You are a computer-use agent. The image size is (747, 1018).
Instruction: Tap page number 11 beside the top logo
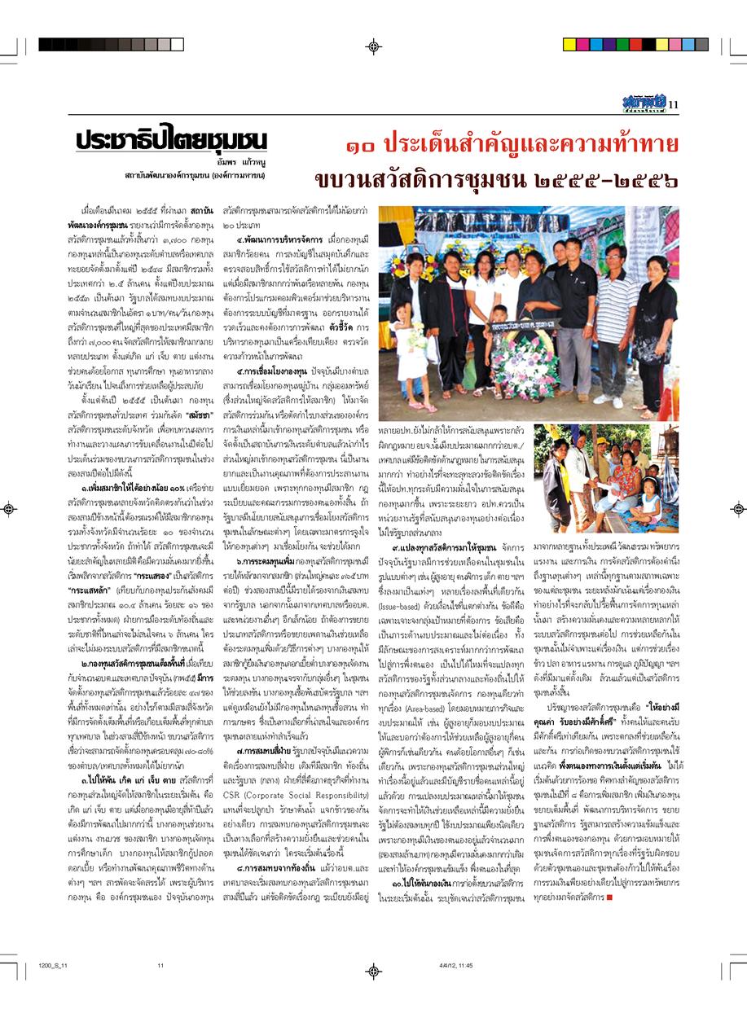tap(673, 103)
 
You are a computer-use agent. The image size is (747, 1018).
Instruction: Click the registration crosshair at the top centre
tap(373, 46)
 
